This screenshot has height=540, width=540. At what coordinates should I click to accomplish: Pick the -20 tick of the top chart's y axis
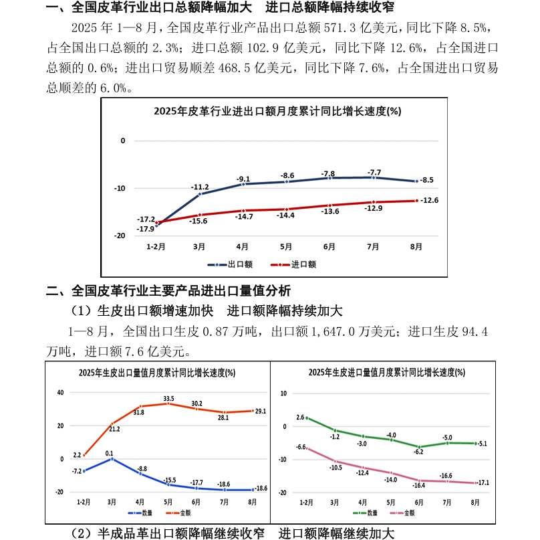[x=121, y=236]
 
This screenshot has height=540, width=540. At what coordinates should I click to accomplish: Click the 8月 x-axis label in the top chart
[x=416, y=247]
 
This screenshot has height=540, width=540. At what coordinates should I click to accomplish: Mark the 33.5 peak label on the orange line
[x=168, y=398]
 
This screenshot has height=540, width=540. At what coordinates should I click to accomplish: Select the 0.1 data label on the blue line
[x=109, y=453]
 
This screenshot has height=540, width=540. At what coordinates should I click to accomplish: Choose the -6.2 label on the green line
[x=419, y=452]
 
